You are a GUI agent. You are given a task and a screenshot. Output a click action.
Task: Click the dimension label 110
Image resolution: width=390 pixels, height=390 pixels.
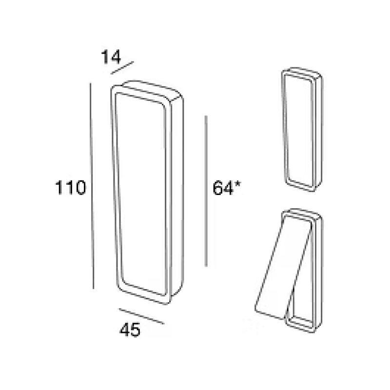point(70,187)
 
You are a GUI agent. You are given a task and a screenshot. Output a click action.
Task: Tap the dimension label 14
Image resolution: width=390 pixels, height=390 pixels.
point(111,57)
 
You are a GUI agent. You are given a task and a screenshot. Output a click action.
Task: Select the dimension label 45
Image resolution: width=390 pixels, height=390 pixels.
point(130,330)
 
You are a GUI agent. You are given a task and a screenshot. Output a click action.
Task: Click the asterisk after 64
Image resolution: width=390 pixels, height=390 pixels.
point(237,184)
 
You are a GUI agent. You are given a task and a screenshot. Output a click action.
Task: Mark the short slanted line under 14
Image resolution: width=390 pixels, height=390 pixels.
point(122,68)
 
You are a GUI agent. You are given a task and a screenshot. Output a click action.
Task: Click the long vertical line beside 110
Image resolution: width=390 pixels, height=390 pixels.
point(92,186)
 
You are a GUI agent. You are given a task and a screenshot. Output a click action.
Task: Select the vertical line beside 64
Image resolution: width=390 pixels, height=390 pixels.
point(206,191)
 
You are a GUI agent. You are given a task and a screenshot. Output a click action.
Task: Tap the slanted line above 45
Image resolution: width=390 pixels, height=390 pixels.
point(141,316)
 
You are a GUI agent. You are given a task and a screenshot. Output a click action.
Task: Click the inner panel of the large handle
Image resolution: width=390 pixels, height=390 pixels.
point(142,194)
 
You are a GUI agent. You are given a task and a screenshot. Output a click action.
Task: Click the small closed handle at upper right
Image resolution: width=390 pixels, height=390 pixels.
point(302,129)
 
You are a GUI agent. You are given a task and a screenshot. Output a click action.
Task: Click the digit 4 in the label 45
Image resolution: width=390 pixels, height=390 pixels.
point(125,330)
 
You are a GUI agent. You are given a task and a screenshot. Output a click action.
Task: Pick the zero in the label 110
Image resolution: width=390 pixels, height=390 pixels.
point(79,187)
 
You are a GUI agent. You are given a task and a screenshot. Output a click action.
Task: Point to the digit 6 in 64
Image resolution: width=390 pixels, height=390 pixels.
point(218,188)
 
